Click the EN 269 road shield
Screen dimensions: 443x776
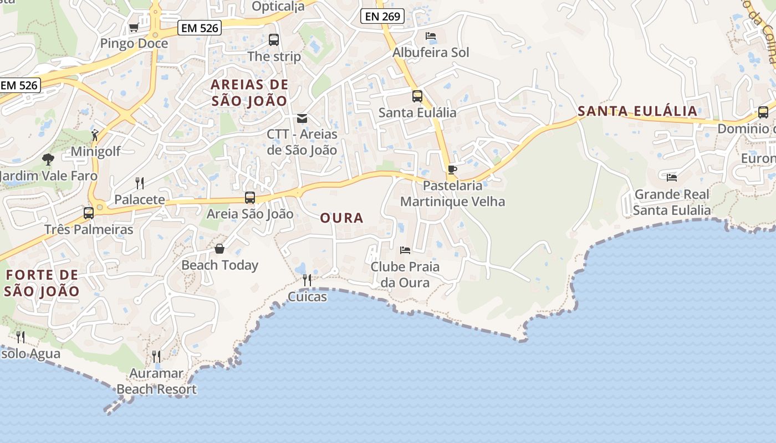pos(382,16)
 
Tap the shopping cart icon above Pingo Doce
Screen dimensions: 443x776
pos(134,27)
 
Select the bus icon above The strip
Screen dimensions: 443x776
pos(274,40)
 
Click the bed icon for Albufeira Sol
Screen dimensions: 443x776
pos(431,36)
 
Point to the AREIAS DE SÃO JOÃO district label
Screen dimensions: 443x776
pos(249,92)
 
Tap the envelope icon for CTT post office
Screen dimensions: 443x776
pos(302,118)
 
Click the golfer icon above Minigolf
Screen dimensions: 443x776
pos(95,135)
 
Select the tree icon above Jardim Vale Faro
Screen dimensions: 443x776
pos(48,159)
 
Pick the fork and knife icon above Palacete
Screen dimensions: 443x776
pos(140,183)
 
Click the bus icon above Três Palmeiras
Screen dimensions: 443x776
pos(89,213)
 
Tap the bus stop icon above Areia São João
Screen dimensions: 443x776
pos(250,198)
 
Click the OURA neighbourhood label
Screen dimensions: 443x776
pos(341,218)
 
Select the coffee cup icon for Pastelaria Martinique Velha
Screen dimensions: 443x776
pos(452,169)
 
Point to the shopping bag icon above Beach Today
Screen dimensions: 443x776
pos(219,249)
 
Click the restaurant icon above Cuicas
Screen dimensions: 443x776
pos(307,280)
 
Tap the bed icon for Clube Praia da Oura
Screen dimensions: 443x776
pos(405,250)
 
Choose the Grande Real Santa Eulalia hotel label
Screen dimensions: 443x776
pos(671,202)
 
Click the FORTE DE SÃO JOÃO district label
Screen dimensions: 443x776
pos(42,282)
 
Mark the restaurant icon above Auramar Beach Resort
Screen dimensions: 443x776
pos(156,356)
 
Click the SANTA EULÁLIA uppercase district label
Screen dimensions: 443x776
pos(637,111)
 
